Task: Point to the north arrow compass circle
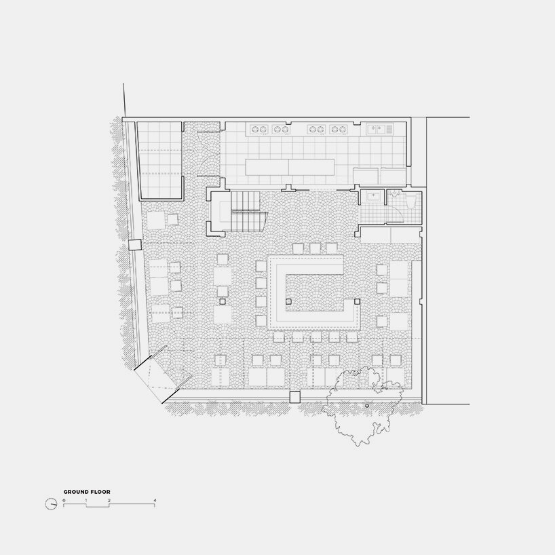click(52, 503)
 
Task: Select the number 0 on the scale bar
click(64, 500)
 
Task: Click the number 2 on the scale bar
click(109, 500)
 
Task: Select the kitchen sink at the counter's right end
click(377, 128)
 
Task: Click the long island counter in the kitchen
click(291, 167)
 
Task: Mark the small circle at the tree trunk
click(366, 405)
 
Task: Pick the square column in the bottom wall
click(295, 398)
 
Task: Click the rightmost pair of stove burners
click(337, 129)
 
